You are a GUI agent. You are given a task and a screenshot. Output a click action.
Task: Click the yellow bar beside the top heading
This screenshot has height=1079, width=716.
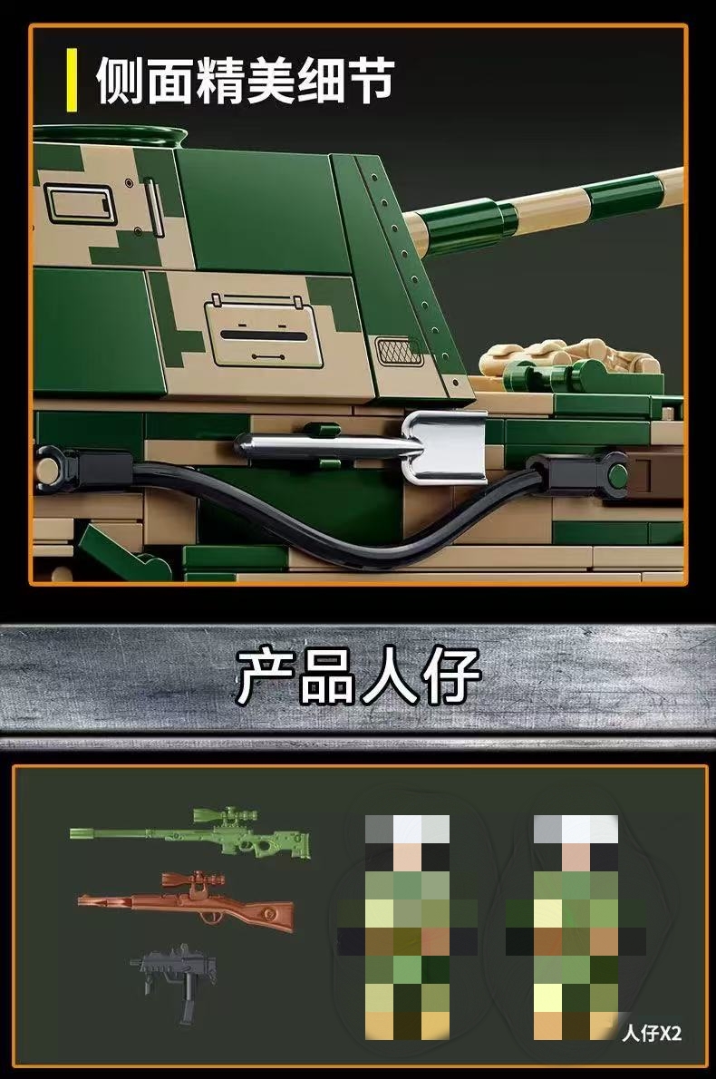(72, 80)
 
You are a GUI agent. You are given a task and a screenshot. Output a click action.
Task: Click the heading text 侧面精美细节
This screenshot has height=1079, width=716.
(245, 81)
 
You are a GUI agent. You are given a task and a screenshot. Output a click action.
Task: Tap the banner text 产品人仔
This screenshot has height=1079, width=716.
(358, 677)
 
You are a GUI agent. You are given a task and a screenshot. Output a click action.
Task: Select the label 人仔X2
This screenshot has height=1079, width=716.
(652, 1033)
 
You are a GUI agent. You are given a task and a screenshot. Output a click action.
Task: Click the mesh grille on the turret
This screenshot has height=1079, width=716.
(398, 351)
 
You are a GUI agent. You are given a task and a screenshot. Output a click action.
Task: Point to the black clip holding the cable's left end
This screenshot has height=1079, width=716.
(82, 470)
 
